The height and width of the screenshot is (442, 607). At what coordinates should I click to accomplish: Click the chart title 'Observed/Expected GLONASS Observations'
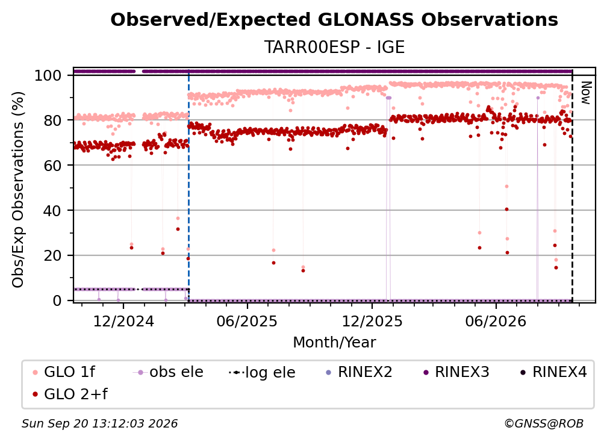[x=334, y=20]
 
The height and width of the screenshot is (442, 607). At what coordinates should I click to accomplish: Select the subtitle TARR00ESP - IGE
[x=334, y=47]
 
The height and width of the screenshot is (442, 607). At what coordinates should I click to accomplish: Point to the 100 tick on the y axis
[x=48, y=75]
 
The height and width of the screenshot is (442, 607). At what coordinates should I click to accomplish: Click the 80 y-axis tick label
[x=52, y=120]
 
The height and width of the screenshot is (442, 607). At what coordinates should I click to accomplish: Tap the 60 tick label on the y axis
[x=52, y=165]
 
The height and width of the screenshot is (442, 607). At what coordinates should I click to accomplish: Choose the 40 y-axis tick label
[x=52, y=211]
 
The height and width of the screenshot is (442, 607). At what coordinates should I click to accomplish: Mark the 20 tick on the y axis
[x=52, y=256]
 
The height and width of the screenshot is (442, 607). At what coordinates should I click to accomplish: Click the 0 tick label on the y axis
[x=57, y=300]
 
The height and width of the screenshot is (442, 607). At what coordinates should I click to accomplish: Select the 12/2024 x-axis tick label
[x=123, y=322]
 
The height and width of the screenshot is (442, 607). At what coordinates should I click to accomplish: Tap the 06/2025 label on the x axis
[x=247, y=322]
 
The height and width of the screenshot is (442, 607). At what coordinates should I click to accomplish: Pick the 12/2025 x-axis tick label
[x=372, y=322]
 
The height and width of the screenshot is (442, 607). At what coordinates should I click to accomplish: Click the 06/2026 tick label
[x=496, y=322]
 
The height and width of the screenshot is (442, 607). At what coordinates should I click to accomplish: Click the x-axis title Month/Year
[x=334, y=343]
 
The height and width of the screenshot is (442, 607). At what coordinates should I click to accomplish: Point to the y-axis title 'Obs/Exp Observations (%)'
[x=18, y=190]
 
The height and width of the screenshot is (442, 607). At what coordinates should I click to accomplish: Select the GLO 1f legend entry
[x=63, y=372]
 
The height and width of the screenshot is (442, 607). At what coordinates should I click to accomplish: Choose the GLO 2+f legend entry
[x=70, y=394]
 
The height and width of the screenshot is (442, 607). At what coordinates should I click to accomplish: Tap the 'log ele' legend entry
[x=262, y=373]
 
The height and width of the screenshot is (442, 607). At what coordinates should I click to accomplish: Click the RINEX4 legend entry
[x=553, y=372]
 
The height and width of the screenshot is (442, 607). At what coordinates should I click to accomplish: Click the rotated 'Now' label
[x=586, y=93]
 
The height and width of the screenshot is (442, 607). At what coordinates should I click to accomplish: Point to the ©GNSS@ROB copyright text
[x=544, y=424]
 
